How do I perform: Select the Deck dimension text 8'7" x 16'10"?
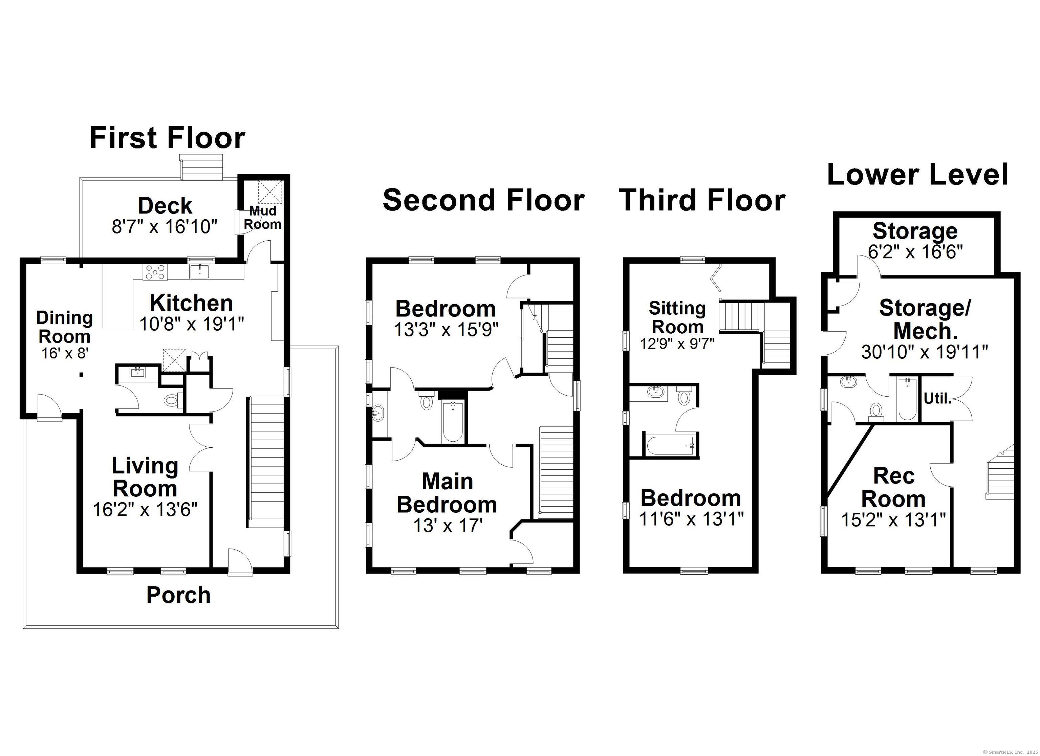[164, 226]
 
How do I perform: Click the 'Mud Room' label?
[262, 217]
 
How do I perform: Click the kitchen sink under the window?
[200, 271]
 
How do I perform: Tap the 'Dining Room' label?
[64, 327]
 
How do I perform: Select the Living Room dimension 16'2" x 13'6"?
[145, 509]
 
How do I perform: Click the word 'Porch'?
[178, 595]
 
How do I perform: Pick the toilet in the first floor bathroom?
[172, 401]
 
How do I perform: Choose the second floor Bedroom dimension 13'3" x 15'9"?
[446, 330]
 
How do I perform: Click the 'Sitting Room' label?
[677, 317]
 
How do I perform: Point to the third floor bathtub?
[670, 445]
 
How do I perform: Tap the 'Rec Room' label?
[894, 487]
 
